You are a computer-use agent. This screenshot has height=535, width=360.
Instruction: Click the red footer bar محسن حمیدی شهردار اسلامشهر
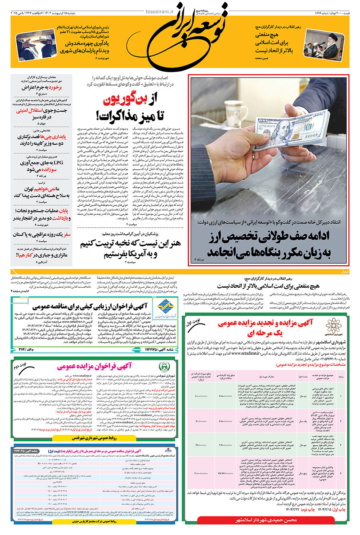(x=266, y=520)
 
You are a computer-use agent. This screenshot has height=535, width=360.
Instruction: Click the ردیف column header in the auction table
(x=341, y=377)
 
